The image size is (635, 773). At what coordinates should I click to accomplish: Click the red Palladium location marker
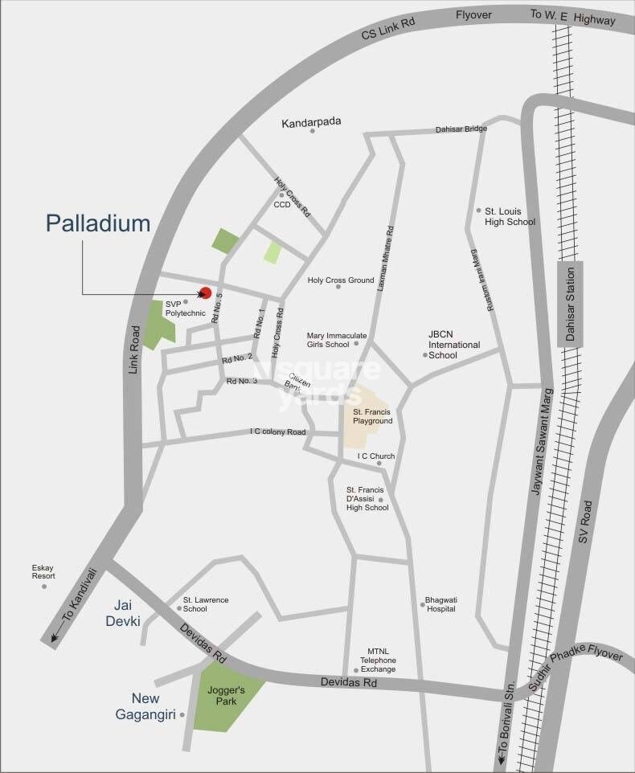click(x=205, y=293)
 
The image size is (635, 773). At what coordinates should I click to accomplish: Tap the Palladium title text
click(x=98, y=223)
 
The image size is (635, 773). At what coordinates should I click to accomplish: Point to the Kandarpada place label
click(x=311, y=122)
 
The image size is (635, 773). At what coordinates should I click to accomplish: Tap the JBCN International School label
click(x=453, y=350)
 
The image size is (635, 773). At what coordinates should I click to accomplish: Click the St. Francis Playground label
click(x=372, y=415)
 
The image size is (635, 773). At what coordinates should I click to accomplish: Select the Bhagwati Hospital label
click(x=441, y=603)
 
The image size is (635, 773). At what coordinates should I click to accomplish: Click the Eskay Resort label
click(x=43, y=571)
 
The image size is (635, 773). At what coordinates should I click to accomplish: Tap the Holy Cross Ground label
click(x=341, y=280)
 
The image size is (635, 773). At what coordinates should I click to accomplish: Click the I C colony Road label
click(x=278, y=432)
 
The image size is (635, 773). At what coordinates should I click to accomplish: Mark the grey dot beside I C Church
click(x=379, y=464)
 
